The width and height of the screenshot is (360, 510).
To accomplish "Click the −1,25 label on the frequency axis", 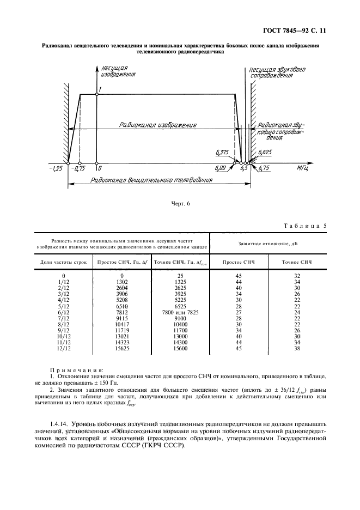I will click(56, 169).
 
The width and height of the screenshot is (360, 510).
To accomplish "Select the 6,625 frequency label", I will click(265, 154).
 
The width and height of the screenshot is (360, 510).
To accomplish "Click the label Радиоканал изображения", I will click(158, 125).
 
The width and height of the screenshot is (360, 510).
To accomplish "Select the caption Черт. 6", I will click(180, 204).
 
